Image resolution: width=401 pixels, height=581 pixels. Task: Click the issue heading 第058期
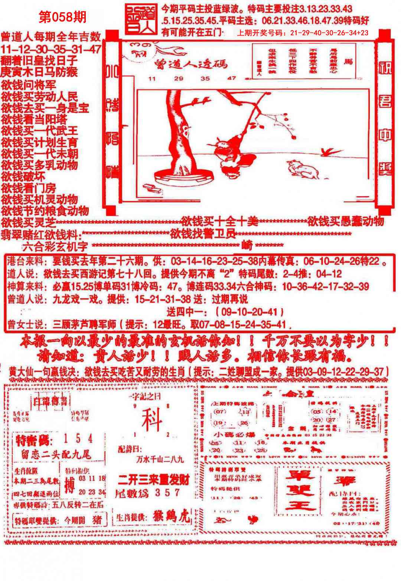coord(63,17)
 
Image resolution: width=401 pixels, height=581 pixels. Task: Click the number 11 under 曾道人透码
coord(151,78)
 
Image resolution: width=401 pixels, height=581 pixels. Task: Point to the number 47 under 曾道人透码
coord(232,78)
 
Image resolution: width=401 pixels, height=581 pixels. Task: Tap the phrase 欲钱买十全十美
coord(219,222)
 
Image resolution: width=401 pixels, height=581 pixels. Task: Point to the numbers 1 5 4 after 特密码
coord(78,439)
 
